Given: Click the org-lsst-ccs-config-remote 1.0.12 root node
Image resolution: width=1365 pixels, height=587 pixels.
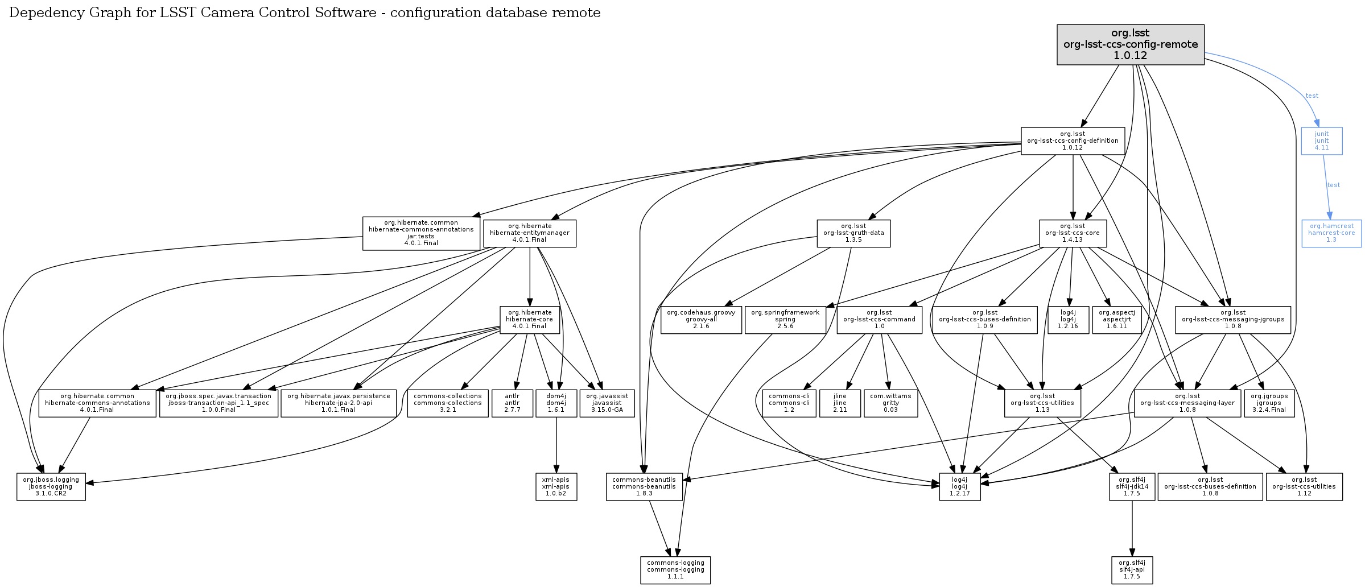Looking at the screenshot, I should [x=1130, y=44].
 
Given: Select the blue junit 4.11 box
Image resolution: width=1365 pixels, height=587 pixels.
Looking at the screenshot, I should [x=1321, y=141].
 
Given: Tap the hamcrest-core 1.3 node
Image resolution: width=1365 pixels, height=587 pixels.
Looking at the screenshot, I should [x=1331, y=233].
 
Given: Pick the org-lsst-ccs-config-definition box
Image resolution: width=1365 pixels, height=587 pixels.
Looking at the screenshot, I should [x=1073, y=141].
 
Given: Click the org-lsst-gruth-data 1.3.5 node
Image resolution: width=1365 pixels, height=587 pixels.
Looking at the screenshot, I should [x=853, y=233].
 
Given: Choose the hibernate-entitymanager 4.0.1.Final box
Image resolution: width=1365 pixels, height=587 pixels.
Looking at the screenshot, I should [x=529, y=233].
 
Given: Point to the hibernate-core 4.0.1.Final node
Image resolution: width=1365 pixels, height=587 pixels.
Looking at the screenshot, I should [x=529, y=320].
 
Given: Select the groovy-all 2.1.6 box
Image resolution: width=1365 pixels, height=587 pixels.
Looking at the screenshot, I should [x=701, y=320].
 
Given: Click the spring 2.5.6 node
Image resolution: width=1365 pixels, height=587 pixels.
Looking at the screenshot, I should [x=785, y=320].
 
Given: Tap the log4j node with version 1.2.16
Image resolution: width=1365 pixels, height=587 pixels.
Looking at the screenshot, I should [x=1067, y=320].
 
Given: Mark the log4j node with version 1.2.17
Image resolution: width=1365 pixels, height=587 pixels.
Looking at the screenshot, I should [x=959, y=487].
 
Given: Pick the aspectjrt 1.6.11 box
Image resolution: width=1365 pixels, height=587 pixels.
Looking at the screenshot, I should [x=1116, y=320].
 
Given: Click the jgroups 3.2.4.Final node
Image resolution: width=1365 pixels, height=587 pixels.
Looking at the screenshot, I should [x=1269, y=403].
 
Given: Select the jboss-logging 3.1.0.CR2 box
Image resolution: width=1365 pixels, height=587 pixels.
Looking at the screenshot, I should [x=51, y=487].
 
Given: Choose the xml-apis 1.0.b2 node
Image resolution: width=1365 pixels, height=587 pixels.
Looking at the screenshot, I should [x=556, y=487].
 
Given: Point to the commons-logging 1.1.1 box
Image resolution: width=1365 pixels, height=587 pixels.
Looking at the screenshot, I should [x=675, y=570].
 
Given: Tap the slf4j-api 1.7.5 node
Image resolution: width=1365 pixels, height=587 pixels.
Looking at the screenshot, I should [x=1132, y=570].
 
